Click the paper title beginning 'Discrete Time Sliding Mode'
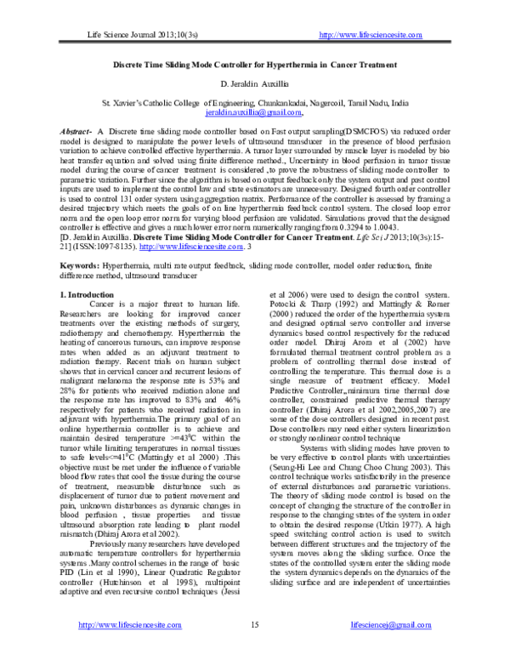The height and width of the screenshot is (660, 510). click(x=255, y=65)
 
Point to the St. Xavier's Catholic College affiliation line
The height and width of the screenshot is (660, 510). click(x=255, y=102)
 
